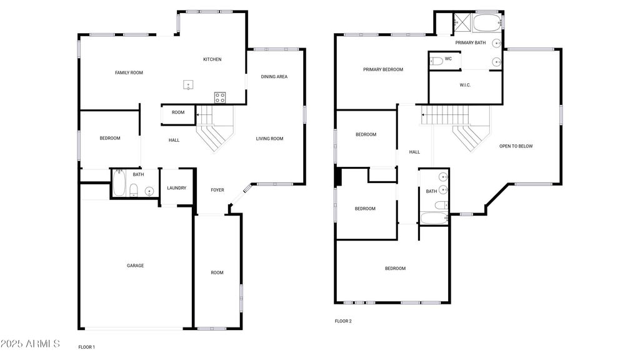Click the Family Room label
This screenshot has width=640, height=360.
pos(129,72)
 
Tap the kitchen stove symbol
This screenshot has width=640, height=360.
pos(220,97)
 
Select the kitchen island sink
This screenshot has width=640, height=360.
pos(187,85)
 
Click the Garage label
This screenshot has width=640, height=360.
pos(135,266)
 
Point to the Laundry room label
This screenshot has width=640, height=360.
pos(177,188)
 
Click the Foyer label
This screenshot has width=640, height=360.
pos(217,190)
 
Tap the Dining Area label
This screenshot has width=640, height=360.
pos(274,77)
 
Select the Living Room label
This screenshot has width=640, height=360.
pos(269,139)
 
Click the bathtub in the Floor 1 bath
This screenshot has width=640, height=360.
pos(119,183)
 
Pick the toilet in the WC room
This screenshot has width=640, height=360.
pos(436,62)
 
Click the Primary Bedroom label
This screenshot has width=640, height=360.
pos(383,70)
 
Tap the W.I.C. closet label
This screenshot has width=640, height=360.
pos(465,85)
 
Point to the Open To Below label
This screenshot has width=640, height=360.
pos(516,146)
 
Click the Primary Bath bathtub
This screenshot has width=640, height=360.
pos(487,23)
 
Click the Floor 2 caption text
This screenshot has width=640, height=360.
pos(343,321)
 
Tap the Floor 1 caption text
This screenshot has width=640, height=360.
pos(86,347)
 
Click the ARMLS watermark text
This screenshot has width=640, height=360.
pos(30,344)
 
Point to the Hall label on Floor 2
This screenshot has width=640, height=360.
pos(415,152)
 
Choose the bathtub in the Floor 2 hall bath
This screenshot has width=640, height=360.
pos(434,218)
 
